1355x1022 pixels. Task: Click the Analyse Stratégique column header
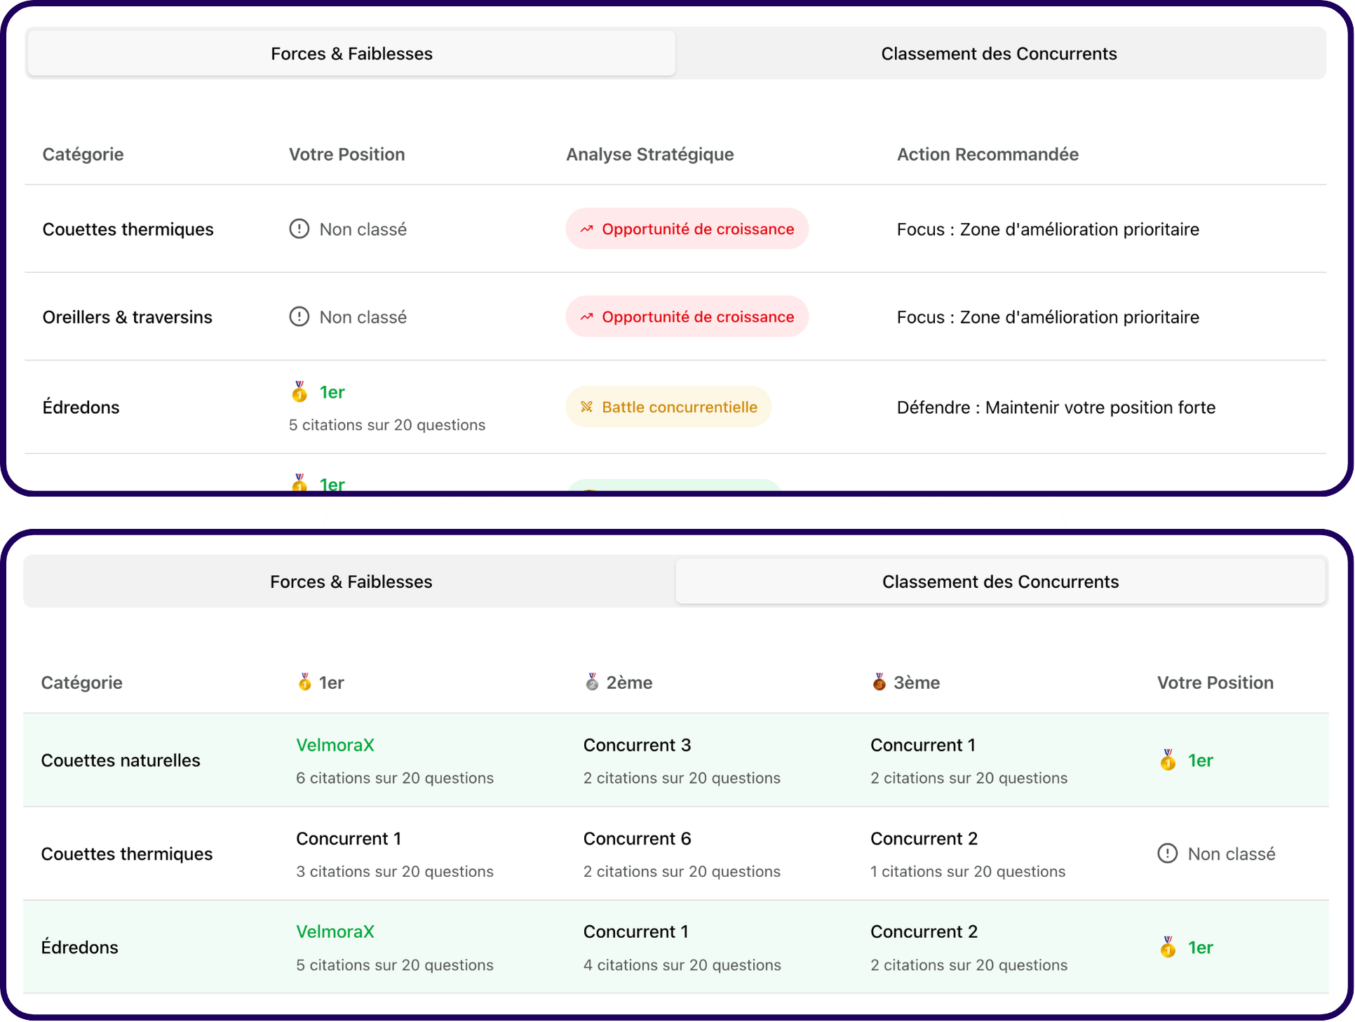(650, 154)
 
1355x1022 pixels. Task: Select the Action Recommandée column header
(987, 154)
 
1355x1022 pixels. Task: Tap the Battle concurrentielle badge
(668, 407)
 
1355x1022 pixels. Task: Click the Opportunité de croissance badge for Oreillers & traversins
(687, 316)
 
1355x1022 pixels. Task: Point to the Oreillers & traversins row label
(127, 317)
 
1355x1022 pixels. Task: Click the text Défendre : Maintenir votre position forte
(1056, 408)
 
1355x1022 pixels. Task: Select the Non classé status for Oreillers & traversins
(348, 317)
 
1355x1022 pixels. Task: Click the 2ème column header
(619, 683)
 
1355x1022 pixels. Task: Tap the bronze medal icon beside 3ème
(879, 682)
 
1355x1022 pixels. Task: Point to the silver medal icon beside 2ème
(592, 682)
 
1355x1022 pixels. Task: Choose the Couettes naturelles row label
(121, 760)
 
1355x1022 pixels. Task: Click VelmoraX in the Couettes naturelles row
(335, 745)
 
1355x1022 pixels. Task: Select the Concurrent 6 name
(637, 838)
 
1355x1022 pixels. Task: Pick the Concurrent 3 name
(637, 745)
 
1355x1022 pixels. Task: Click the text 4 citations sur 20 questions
(682, 965)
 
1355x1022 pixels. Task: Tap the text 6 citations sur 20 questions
(395, 778)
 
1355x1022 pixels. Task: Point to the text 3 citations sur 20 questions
(395, 871)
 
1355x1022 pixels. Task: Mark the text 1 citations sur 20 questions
(968, 871)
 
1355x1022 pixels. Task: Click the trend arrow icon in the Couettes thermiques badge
(587, 229)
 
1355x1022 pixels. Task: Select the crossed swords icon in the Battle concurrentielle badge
(587, 407)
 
